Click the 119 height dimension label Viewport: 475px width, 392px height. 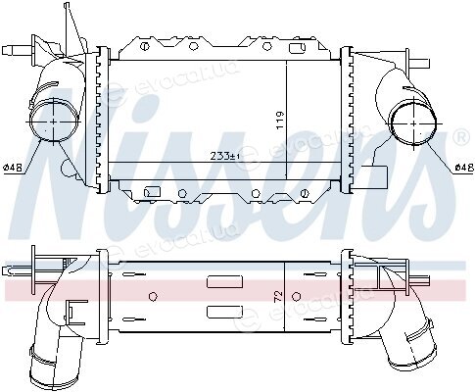280,121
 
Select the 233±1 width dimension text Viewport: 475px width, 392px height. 225,157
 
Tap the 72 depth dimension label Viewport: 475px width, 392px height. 278,296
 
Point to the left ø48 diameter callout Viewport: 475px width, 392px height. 13,168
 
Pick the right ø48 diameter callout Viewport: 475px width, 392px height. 464,168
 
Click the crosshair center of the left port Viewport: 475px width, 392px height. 54,122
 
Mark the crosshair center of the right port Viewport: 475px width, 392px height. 414,123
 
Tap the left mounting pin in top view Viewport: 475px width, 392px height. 17,51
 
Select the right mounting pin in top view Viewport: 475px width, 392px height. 418,63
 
